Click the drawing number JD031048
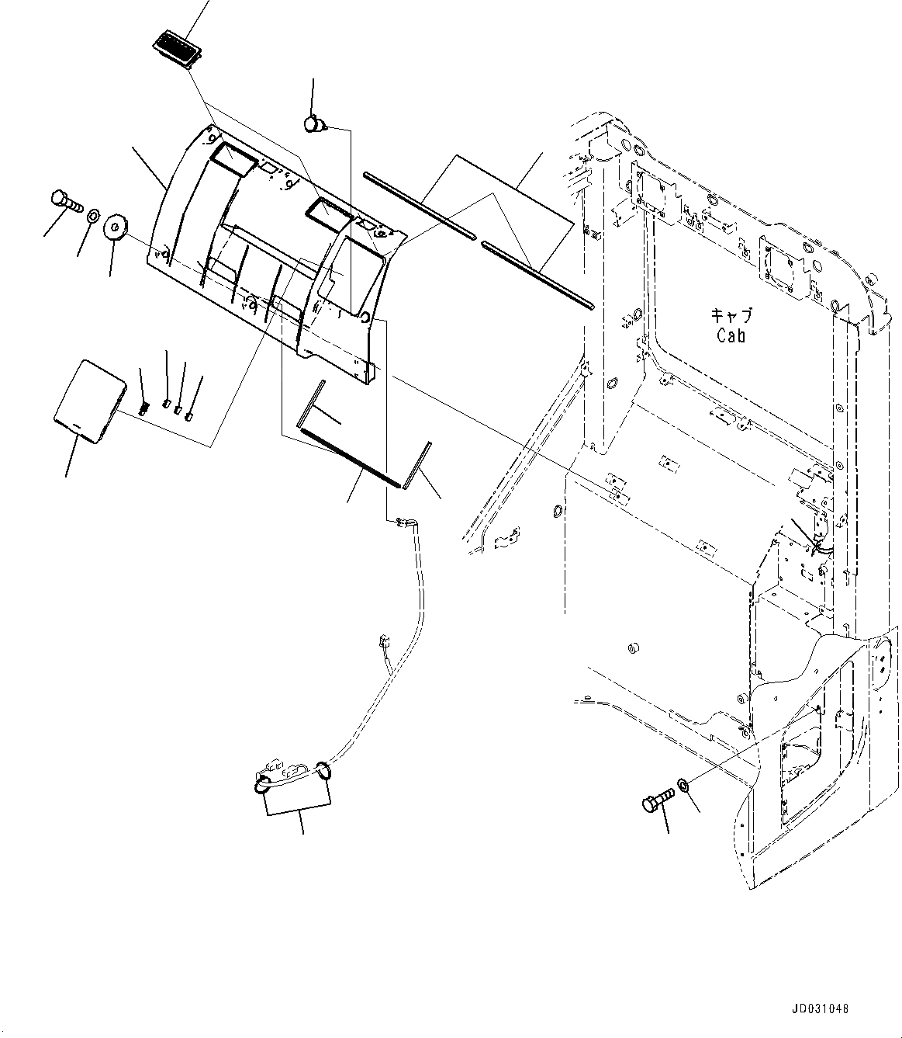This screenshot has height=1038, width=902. point(821,1009)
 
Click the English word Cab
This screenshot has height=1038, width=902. point(731,335)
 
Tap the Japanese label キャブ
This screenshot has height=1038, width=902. point(731,317)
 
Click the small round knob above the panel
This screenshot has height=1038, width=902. point(314,123)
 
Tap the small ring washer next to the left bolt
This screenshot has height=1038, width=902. point(92,214)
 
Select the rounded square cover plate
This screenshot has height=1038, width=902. point(88,402)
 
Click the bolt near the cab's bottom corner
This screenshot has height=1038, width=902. point(655,804)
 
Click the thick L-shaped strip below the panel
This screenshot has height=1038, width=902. point(349,454)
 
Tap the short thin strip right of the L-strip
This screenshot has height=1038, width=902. point(421,467)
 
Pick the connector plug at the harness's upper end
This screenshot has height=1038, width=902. point(402,523)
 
